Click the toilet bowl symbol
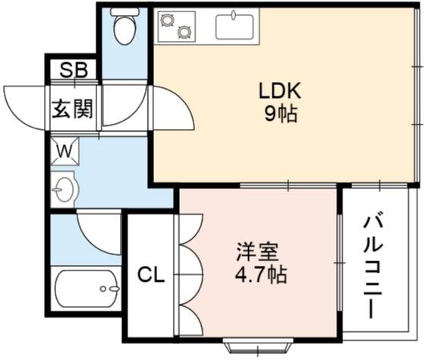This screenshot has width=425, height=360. [124, 30]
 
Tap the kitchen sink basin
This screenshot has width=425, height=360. [235, 27]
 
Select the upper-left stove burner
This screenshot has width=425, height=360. [166, 20]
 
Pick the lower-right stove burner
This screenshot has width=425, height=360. [184, 31]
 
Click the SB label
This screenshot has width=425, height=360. [74, 70]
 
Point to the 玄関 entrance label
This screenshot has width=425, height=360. [72, 109]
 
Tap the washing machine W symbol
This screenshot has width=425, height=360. [65, 151]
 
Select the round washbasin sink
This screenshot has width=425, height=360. [65, 189]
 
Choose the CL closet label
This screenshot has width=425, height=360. [151, 275]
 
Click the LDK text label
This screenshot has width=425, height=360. [280, 90]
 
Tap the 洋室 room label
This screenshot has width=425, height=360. [257, 252]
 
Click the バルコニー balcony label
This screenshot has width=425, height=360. [373, 267]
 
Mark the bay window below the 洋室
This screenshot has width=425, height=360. [258, 346]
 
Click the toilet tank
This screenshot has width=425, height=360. [125, 11]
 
